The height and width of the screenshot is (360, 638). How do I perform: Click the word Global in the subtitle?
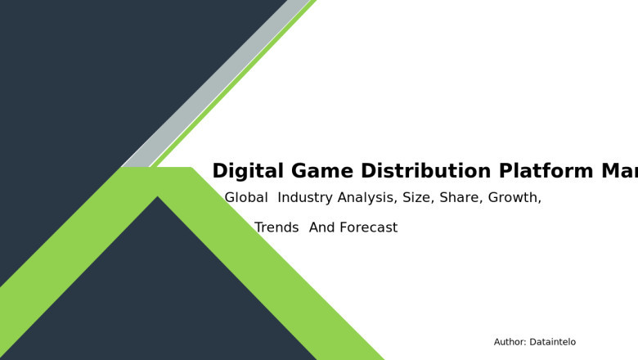246,198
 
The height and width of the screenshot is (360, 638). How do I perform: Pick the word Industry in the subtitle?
304,198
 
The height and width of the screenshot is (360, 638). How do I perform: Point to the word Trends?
276,228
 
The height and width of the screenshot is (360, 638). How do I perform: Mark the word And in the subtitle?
322,228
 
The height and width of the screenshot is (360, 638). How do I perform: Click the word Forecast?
369,228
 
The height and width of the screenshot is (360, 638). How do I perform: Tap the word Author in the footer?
510,342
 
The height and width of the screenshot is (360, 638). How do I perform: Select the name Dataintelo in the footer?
553,342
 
